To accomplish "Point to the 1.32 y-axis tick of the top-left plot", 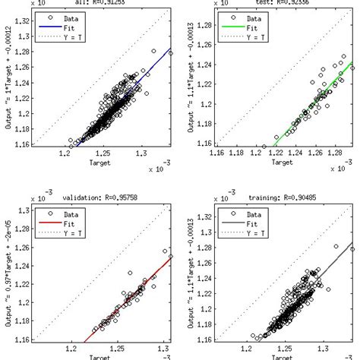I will [x=24, y=21].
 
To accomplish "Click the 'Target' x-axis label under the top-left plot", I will [x=104, y=162].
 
